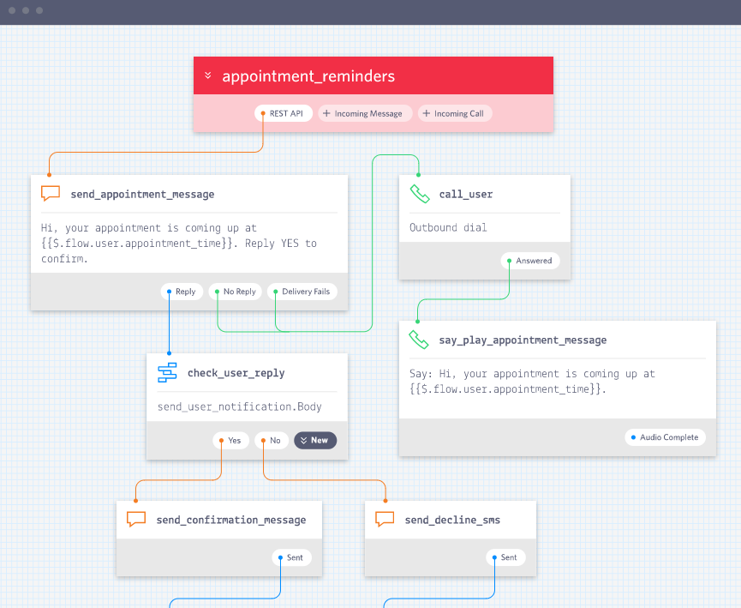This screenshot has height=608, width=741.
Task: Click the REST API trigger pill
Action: pyautogui.click(x=284, y=113)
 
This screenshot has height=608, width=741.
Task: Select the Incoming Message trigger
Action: pyautogui.click(x=365, y=113)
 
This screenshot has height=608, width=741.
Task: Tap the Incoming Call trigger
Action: pyautogui.click(x=455, y=113)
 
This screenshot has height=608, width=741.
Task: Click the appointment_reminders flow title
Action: pyautogui.click(x=308, y=76)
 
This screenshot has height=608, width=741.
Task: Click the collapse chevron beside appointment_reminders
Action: pyautogui.click(x=208, y=75)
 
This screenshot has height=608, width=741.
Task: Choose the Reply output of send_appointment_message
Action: pyautogui.click(x=182, y=292)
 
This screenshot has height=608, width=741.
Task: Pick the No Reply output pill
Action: pyautogui.click(x=236, y=292)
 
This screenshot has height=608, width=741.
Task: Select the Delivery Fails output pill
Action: pyautogui.click(x=302, y=292)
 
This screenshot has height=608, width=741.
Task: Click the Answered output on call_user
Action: pyautogui.click(x=530, y=261)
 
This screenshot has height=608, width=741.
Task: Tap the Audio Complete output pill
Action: pyautogui.click(x=666, y=437)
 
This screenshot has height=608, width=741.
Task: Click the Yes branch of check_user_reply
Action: pyautogui.click(x=231, y=441)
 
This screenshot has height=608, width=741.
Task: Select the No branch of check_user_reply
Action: pyautogui.click(x=272, y=441)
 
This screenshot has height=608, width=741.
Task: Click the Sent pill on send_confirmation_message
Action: pyautogui.click(x=291, y=557)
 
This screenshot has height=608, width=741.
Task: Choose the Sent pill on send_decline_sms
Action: pyautogui.click(x=505, y=557)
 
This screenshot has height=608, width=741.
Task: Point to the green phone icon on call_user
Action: pyautogui.click(x=420, y=194)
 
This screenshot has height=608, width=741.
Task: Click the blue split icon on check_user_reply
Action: pyautogui.click(x=167, y=373)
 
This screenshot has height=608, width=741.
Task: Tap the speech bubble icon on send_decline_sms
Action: pyautogui.click(x=385, y=519)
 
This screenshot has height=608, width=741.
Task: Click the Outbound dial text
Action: pyautogui.click(x=448, y=227)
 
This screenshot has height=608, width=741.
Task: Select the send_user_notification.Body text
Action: pyautogui.click(x=240, y=407)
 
